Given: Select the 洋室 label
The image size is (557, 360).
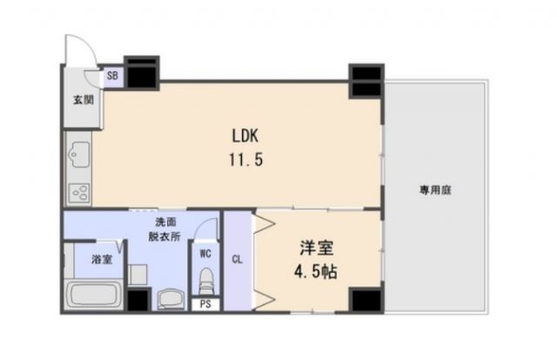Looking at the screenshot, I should [x=312, y=246].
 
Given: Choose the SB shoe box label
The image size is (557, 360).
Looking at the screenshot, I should [x=112, y=76].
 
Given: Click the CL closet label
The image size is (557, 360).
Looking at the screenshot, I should [x=237, y=258].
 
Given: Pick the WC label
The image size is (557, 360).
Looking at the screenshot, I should [x=205, y=254].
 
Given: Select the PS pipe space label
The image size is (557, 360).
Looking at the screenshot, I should [x=205, y=304].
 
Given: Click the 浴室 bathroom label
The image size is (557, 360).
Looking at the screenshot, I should [x=103, y=259].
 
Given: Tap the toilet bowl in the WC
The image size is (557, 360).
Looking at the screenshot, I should [x=205, y=283].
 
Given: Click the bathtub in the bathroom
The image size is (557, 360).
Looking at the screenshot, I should [x=95, y=296].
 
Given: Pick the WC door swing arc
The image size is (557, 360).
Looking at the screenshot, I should [x=205, y=230].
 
